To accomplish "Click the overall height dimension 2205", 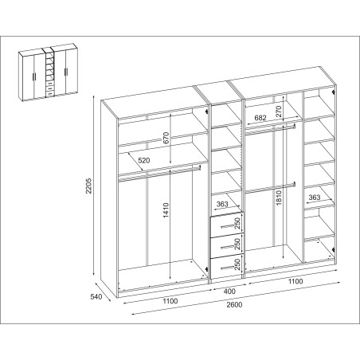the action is (x=89, y=186).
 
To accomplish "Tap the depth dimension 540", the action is (x=96, y=296).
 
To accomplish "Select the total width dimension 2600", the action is (x=234, y=304).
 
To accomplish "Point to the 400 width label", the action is (x=229, y=292).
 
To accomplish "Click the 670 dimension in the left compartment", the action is (x=166, y=138).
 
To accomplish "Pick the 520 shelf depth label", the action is (x=144, y=160).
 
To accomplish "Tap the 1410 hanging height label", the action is (x=166, y=210).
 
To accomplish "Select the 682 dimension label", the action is (x=260, y=118).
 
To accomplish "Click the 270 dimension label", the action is (x=278, y=112).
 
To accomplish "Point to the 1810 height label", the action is (x=279, y=198).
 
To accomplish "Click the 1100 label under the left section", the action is (x=170, y=301).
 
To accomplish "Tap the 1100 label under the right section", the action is (x=295, y=281).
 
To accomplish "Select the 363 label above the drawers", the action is (x=222, y=204).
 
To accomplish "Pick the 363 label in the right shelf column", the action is (x=315, y=198).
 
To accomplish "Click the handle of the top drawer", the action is (x=226, y=226).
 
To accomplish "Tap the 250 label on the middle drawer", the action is (x=237, y=244).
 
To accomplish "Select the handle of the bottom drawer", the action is (x=226, y=268).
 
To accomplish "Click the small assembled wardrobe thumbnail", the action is (x=49, y=72).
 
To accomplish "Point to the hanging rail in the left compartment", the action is (x=159, y=174).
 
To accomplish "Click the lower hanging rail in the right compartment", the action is (x=271, y=188).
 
